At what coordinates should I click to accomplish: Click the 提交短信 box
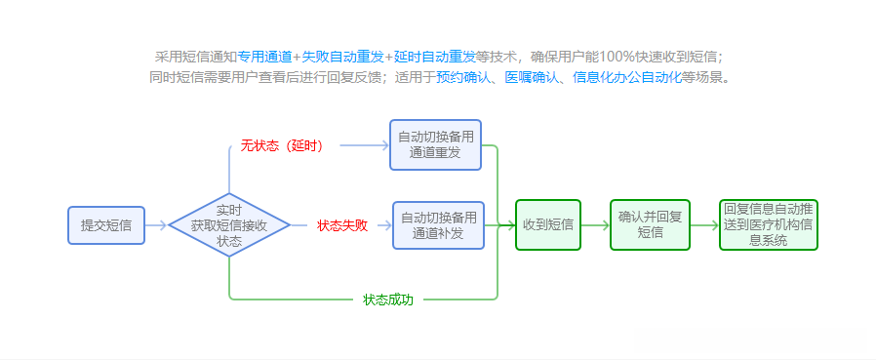click(x=106, y=225)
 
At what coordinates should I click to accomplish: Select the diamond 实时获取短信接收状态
click(x=229, y=225)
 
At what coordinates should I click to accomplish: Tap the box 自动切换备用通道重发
click(x=435, y=144)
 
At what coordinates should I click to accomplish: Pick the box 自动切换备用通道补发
click(x=439, y=225)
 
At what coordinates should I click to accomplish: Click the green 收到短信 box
click(x=547, y=225)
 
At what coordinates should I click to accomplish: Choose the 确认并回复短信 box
click(x=651, y=225)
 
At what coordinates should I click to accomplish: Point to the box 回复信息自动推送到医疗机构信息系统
click(x=768, y=225)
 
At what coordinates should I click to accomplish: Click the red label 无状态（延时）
click(x=282, y=145)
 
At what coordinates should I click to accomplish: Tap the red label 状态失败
click(x=342, y=225)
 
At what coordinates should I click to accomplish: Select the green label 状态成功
click(x=388, y=300)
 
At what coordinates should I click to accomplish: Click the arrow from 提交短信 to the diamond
click(x=156, y=225)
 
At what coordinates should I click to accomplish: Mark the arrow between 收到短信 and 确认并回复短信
click(x=595, y=225)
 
